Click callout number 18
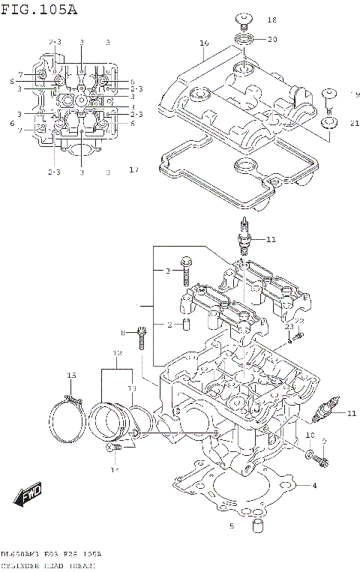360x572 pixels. click(271, 20)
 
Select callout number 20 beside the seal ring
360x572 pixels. click(271, 39)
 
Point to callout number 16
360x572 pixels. click(204, 43)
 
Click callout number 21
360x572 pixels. click(354, 124)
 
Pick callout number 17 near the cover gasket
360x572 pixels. click(133, 170)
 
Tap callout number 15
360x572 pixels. click(72, 375)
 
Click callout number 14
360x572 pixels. click(115, 470)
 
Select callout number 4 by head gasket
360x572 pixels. click(314, 486)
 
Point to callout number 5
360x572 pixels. click(232, 526)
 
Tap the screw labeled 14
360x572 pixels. click(115, 448)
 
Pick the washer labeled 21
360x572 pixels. click(328, 122)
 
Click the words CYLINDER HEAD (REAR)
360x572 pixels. click(47, 565)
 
